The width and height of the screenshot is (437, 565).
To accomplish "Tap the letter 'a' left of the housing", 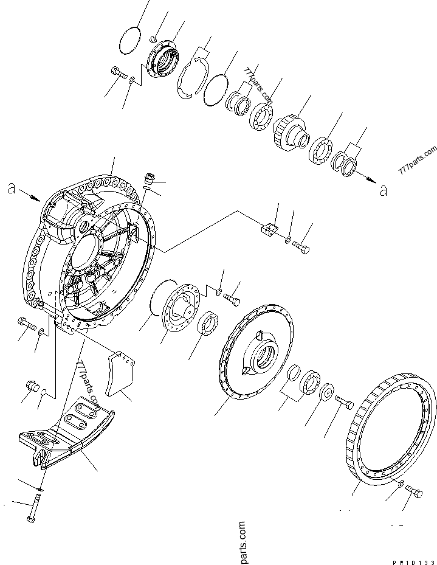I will (x=12, y=190).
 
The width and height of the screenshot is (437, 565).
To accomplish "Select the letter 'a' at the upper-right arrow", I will (x=382, y=191).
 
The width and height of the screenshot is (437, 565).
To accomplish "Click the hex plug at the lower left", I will (x=31, y=386).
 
